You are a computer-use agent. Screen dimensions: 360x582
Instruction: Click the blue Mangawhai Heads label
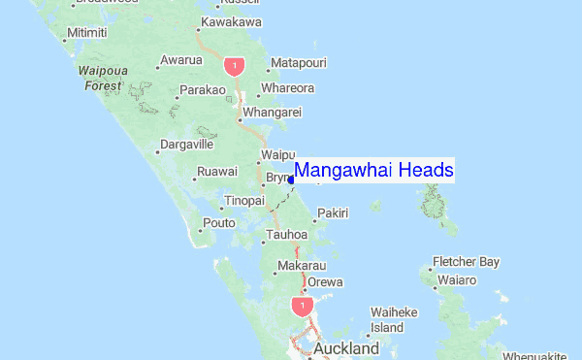coord(373,171)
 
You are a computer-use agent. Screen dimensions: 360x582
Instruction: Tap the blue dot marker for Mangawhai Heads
coord(291,179)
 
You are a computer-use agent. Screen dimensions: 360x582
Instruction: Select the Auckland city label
coord(345,347)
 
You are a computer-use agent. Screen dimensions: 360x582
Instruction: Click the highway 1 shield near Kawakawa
coord(234,65)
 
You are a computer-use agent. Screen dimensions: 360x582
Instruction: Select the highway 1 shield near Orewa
coord(302,307)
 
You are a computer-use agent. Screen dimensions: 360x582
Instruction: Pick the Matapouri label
coord(299,63)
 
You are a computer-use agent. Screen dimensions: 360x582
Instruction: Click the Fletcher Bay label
coord(467,262)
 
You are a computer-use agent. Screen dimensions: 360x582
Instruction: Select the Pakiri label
coord(333,213)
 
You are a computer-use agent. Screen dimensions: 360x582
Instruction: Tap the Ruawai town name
coord(217,172)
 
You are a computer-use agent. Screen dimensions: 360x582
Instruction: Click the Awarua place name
coord(181,60)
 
